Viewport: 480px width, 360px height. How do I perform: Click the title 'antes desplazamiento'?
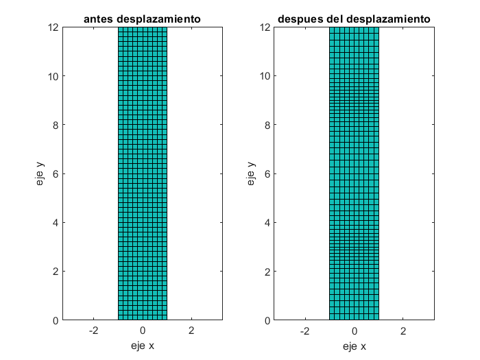click(x=142, y=19)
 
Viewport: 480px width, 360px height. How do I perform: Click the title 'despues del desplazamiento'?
click(x=354, y=19)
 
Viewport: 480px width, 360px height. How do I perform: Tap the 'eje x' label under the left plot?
click(x=142, y=346)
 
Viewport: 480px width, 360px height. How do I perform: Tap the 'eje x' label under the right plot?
click(x=354, y=346)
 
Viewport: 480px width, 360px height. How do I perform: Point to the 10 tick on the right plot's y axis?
click(x=263, y=76)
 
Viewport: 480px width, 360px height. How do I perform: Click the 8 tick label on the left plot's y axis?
click(x=54, y=125)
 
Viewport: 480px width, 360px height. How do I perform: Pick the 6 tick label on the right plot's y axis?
click(x=266, y=173)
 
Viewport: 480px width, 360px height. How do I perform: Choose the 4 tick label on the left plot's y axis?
click(x=54, y=222)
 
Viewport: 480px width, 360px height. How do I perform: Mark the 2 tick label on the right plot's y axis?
click(x=266, y=271)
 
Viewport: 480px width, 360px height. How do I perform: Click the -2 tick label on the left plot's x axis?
click(x=93, y=331)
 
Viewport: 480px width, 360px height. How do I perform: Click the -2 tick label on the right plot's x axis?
click(x=304, y=331)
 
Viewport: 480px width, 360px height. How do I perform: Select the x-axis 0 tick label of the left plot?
click(x=142, y=331)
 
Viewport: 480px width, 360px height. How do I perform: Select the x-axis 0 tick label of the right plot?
click(x=354, y=331)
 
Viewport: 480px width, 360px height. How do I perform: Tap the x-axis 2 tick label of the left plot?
click(x=191, y=331)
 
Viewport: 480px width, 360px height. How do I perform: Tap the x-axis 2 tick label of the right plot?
click(x=403, y=331)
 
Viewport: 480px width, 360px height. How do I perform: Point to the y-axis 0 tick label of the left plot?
click(x=54, y=320)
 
